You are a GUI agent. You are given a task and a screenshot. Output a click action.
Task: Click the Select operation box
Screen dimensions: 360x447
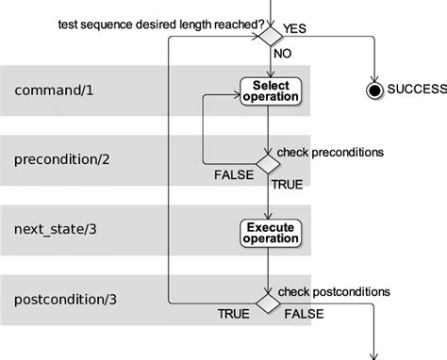(269, 91)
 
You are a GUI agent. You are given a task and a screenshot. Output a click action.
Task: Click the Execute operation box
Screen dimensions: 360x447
(269, 232)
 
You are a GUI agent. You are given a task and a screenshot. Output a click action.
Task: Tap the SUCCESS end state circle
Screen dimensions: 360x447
(373, 90)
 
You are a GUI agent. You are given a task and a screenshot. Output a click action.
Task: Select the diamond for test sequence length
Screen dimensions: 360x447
(269, 37)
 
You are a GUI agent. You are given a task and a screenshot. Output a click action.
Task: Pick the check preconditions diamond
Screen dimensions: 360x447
(269, 163)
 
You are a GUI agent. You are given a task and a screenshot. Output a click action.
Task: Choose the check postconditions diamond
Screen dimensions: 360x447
(269, 303)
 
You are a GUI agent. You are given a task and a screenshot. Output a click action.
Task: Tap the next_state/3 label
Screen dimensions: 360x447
(58, 229)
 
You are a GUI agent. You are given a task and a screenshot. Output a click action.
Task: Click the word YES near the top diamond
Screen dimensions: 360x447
(296, 28)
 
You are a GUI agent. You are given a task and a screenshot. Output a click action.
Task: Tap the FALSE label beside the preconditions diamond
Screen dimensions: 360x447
(232, 174)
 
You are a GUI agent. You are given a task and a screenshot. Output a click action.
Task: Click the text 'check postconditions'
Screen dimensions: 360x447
(330, 290)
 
